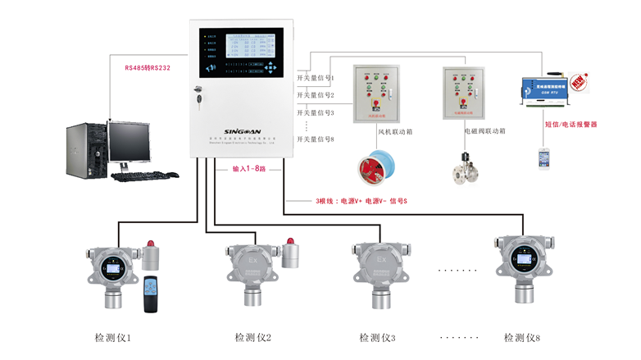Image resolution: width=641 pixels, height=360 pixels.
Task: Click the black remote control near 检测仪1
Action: (149, 294)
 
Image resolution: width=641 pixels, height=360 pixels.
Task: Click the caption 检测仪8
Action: (521, 337)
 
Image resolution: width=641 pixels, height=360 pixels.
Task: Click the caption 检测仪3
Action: (377, 337)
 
